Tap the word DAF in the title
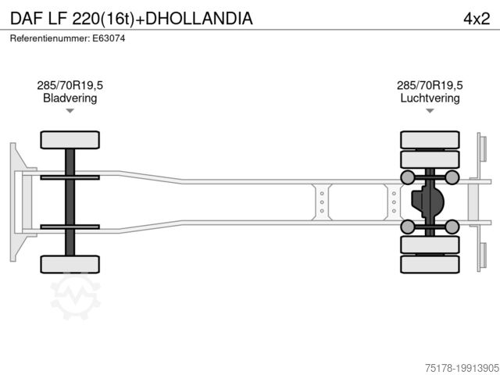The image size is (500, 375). pos(27,18)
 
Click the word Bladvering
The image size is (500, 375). pos(70,98)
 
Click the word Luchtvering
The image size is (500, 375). pos(430,98)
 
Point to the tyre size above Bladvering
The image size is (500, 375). pos(70,85)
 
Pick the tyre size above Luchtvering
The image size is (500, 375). pos(430,85)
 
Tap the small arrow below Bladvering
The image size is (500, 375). pos(70,111)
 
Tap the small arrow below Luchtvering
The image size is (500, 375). pos(430,111)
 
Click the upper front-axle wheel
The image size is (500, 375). pos(70,141)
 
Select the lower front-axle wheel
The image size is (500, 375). pos(70,264)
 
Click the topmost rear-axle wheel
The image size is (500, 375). pos(430,140)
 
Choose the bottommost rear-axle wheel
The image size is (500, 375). pos(430,264)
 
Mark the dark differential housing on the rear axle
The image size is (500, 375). pos(426,202)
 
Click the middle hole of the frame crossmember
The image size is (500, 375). pos(321,202)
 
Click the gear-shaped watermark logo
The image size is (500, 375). pos(76,295)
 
